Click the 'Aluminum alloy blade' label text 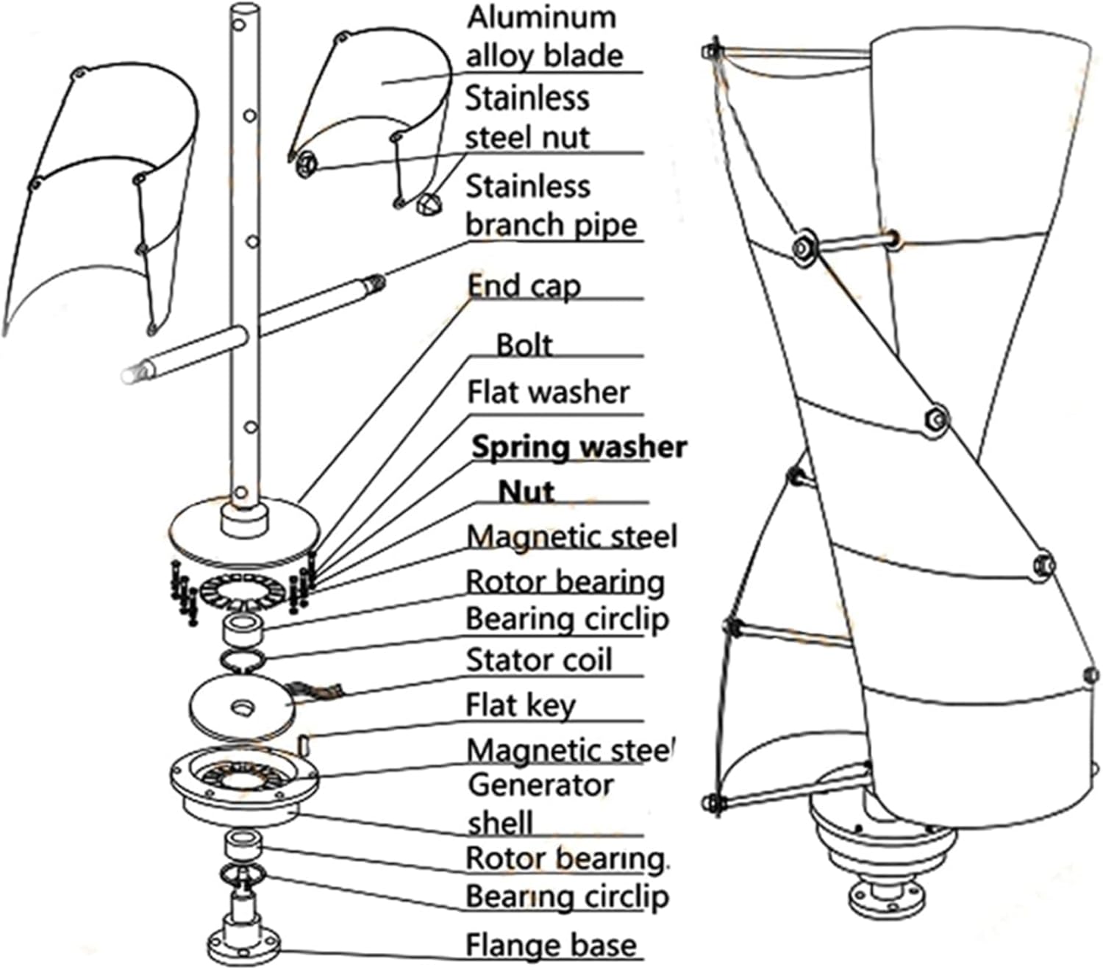pyautogui.click(x=544, y=37)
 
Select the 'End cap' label pyautogui.click(x=524, y=285)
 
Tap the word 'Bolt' pyautogui.click(x=524, y=344)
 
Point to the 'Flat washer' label pyautogui.click(x=549, y=392)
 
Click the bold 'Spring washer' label pyautogui.click(x=579, y=446)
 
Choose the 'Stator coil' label pyautogui.click(x=539, y=660)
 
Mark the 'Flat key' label pyautogui.click(x=521, y=705)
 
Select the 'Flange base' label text pyautogui.click(x=551, y=945)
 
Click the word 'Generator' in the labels pyautogui.click(x=540, y=785)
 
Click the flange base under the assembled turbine pyautogui.click(x=882, y=896)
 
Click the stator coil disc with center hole pyautogui.click(x=242, y=705)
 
